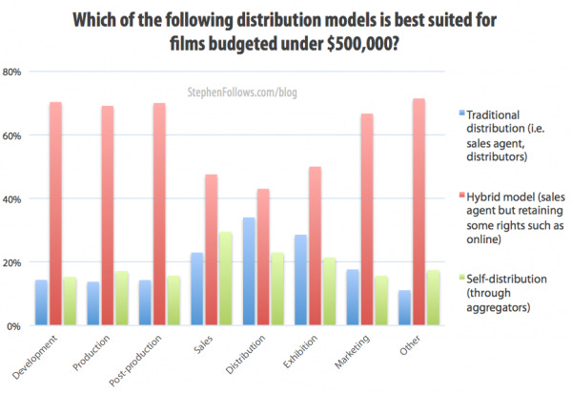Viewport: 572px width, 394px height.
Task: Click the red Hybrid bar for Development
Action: pyautogui.click(x=56, y=214)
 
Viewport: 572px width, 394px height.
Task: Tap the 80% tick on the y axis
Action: pyautogui.click(x=14, y=73)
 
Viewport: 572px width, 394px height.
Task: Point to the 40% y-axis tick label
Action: pyautogui.click(x=14, y=199)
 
